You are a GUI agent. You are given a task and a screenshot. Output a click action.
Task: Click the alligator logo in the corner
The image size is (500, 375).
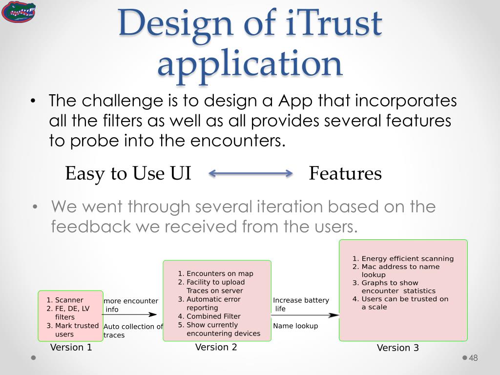point(19,12)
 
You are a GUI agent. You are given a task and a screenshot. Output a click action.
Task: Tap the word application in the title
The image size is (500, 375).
point(250,63)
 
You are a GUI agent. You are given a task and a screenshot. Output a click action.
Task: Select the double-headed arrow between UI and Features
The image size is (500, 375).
point(250,173)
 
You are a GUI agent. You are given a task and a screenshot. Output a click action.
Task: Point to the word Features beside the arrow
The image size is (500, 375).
point(345,173)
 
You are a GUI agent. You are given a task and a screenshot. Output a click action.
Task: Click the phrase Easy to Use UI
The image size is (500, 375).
point(128,173)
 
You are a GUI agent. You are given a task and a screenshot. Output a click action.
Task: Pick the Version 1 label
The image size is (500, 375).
point(71,348)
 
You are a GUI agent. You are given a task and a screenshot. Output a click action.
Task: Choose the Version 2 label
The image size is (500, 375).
point(216,347)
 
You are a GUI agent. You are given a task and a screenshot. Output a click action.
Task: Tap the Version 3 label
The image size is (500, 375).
point(397,348)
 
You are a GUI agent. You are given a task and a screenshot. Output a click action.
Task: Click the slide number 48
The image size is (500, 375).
point(473,358)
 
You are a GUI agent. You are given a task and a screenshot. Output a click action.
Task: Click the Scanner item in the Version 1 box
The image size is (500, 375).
point(68,300)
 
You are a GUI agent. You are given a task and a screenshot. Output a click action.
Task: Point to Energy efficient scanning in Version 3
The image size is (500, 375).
point(407,259)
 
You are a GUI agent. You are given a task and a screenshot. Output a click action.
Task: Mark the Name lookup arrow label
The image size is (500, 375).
point(295,326)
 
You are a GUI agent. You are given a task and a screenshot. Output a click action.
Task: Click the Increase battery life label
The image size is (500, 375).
point(301,304)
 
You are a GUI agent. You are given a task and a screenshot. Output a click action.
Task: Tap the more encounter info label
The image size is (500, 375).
point(130,305)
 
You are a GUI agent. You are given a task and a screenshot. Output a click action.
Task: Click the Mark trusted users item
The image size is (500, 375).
point(72,330)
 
